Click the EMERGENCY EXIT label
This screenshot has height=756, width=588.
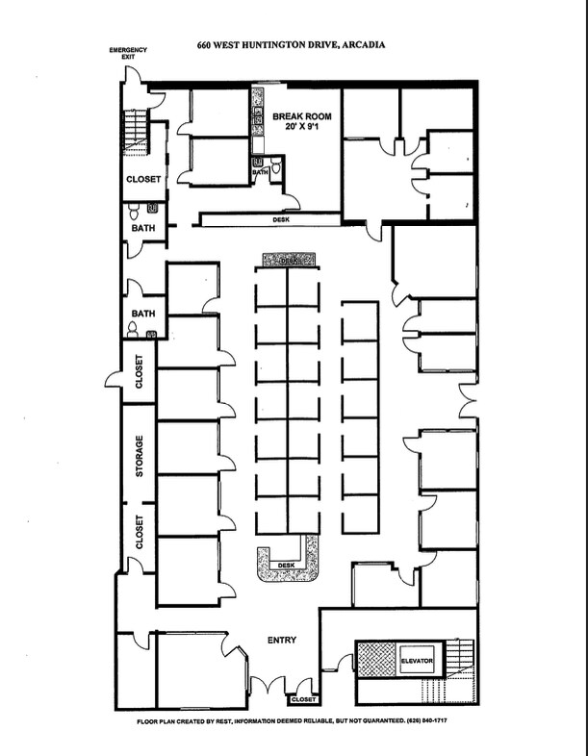tap(128, 53)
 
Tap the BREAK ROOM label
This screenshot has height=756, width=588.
tap(302, 116)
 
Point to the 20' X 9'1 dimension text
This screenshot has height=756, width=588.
tap(302, 127)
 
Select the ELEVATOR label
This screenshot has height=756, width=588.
tap(418, 661)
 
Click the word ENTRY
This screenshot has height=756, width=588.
tap(282, 640)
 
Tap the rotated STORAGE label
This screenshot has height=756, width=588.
tap(140, 456)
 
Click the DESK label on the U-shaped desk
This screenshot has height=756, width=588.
tap(287, 565)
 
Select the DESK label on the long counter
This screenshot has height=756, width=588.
tap(281, 220)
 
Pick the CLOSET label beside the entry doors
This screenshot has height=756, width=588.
tap(304, 699)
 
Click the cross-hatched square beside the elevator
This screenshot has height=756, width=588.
tap(375, 659)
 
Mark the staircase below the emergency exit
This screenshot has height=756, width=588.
tap(135, 132)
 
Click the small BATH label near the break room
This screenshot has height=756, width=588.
tap(260, 172)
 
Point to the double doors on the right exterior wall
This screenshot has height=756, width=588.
tap(468, 401)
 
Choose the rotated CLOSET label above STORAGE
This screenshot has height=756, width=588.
tap(140, 371)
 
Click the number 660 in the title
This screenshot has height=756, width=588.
tap(203, 45)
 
